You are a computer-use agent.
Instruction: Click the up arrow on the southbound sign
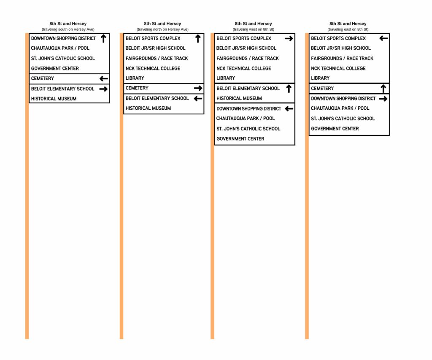(x=103, y=38)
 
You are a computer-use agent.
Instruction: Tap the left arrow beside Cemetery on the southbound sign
(x=104, y=79)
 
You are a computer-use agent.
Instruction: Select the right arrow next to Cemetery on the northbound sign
(x=198, y=88)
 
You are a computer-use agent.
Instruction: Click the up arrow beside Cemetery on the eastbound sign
(x=383, y=89)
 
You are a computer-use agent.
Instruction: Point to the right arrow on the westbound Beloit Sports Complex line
(x=289, y=38)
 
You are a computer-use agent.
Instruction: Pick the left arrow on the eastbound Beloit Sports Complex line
(x=383, y=38)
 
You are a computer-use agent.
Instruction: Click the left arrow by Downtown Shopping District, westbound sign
(x=289, y=109)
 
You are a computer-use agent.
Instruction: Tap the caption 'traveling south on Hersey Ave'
(x=68, y=30)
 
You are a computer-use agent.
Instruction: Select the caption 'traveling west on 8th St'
(x=254, y=30)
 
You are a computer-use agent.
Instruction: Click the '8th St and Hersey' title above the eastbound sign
(x=348, y=24)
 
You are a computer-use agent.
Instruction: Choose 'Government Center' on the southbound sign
(x=55, y=68)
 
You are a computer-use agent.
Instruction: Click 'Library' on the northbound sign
(x=135, y=78)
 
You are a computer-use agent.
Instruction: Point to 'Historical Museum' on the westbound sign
(x=239, y=98)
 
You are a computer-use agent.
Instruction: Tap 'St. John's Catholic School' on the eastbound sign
(x=343, y=119)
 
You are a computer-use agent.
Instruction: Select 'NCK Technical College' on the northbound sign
(x=153, y=68)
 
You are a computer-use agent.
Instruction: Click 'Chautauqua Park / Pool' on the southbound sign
(x=60, y=48)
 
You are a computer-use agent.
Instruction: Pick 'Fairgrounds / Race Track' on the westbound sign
(x=247, y=58)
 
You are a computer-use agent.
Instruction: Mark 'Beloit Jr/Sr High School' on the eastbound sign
(x=341, y=48)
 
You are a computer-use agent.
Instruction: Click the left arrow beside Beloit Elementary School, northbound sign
(x=198, y=99)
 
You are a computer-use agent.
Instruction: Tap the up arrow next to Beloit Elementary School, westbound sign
(x=289, y=89)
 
